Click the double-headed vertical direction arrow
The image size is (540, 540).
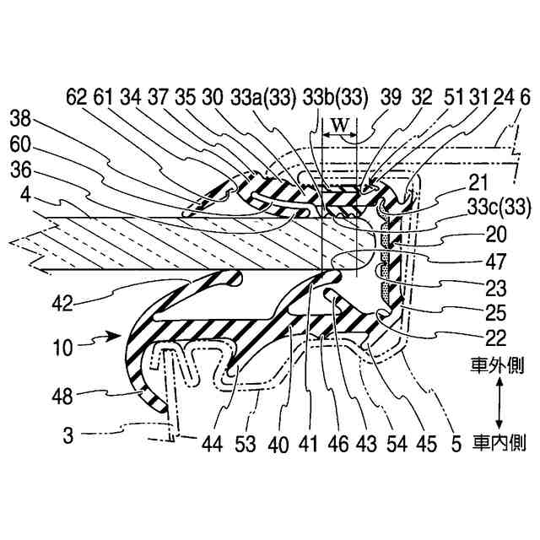coord(500,403)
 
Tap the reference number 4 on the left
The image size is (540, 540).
coord(26,193)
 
